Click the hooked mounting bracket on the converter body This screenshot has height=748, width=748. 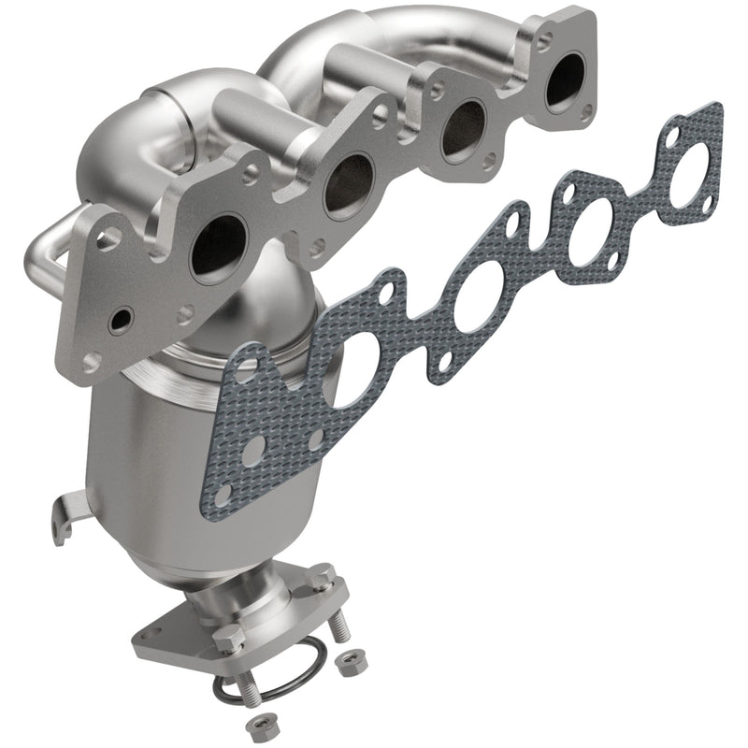pyautogui.click(x=63, y=518)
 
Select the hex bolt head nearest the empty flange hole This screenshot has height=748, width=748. pyautogui.click(x=228, y=638)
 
